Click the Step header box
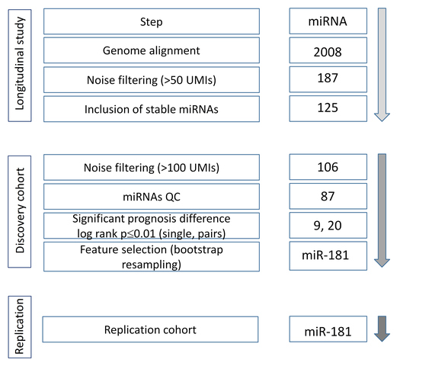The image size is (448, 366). pyautogui.click(x=152, y=21)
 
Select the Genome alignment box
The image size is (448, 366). pyautogui.click(x=152, y=50)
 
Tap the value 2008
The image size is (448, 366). pyautogui.click(x=328, y=52)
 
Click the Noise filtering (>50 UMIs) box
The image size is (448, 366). pyautogui.click(x=152, y=80)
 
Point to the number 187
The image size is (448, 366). pyautogui.click(x=328, y=78)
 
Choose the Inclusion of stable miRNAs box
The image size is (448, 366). pyautogui.click(x=152, y=109)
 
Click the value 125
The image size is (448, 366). pyautogui.click(x=328, y=108)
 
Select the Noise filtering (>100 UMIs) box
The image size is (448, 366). pyautogui.click(x=152, y=167)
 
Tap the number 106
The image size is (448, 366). pyautogui.click(x=328, y=167)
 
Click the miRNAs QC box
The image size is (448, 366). pyautogui.click(x=152, y=197)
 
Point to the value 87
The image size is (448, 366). pyautogui.click(x=328, y=197)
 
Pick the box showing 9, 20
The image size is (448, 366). pyautogui.click(x=328, y=226)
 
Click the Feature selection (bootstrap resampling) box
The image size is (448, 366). pyautogui.click(x=152, y=256)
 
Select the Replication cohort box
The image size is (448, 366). pyautogui.click(x=150, y=329)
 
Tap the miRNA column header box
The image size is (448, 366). pyautogui.click(x=328, y=21)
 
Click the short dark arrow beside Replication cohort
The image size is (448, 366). pyautogui.click(x=382, y=329)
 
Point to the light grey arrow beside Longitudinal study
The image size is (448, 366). pyautogui.click(x=382, y=65)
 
